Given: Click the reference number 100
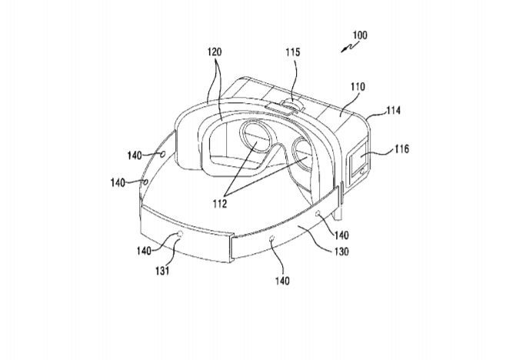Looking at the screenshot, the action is [360, 35].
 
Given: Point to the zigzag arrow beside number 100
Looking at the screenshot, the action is [349, 48].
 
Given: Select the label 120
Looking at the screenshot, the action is [215, 52].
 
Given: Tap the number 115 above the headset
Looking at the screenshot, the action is [293, 52].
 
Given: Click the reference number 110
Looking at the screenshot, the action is [358, 86].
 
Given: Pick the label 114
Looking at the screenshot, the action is [394, 111].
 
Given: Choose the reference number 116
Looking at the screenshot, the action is [401, 149].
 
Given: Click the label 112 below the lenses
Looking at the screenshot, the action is [220, 203].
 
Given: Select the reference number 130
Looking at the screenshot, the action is [341, 252].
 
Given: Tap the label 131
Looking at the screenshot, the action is [163, 271].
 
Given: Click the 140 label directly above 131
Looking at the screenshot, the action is [144, 251].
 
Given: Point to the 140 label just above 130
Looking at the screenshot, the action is [341, 235].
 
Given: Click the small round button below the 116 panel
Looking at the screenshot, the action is [362, 170].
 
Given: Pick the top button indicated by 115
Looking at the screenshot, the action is [292, 104].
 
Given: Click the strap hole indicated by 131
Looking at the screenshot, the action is [180, 234].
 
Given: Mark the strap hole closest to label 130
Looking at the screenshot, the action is [318, 213].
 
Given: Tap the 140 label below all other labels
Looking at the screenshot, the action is [282, 281].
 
